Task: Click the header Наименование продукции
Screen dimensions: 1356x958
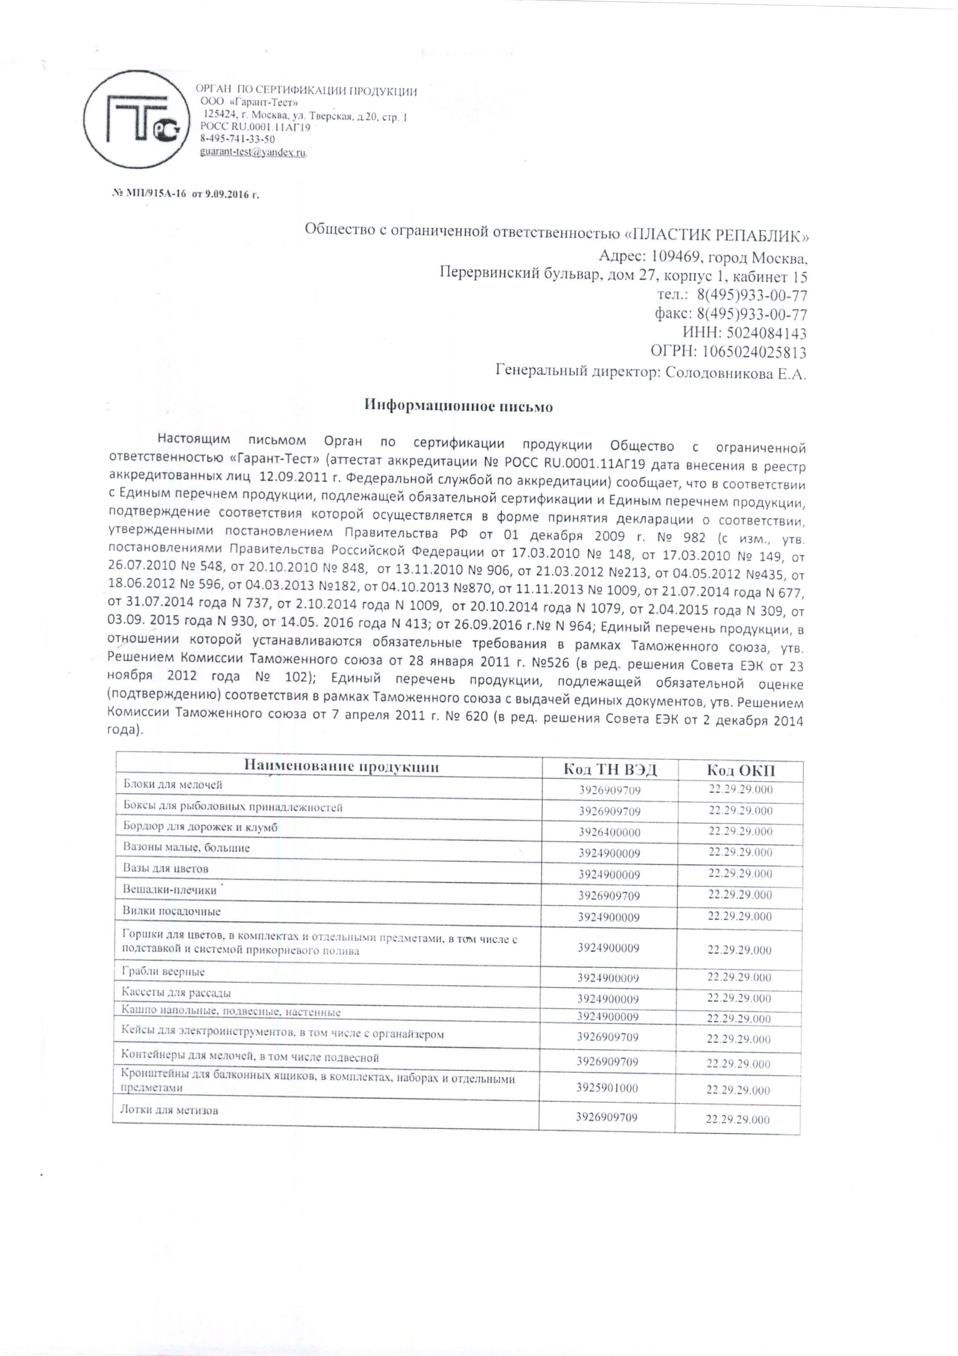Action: click(341, 767)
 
